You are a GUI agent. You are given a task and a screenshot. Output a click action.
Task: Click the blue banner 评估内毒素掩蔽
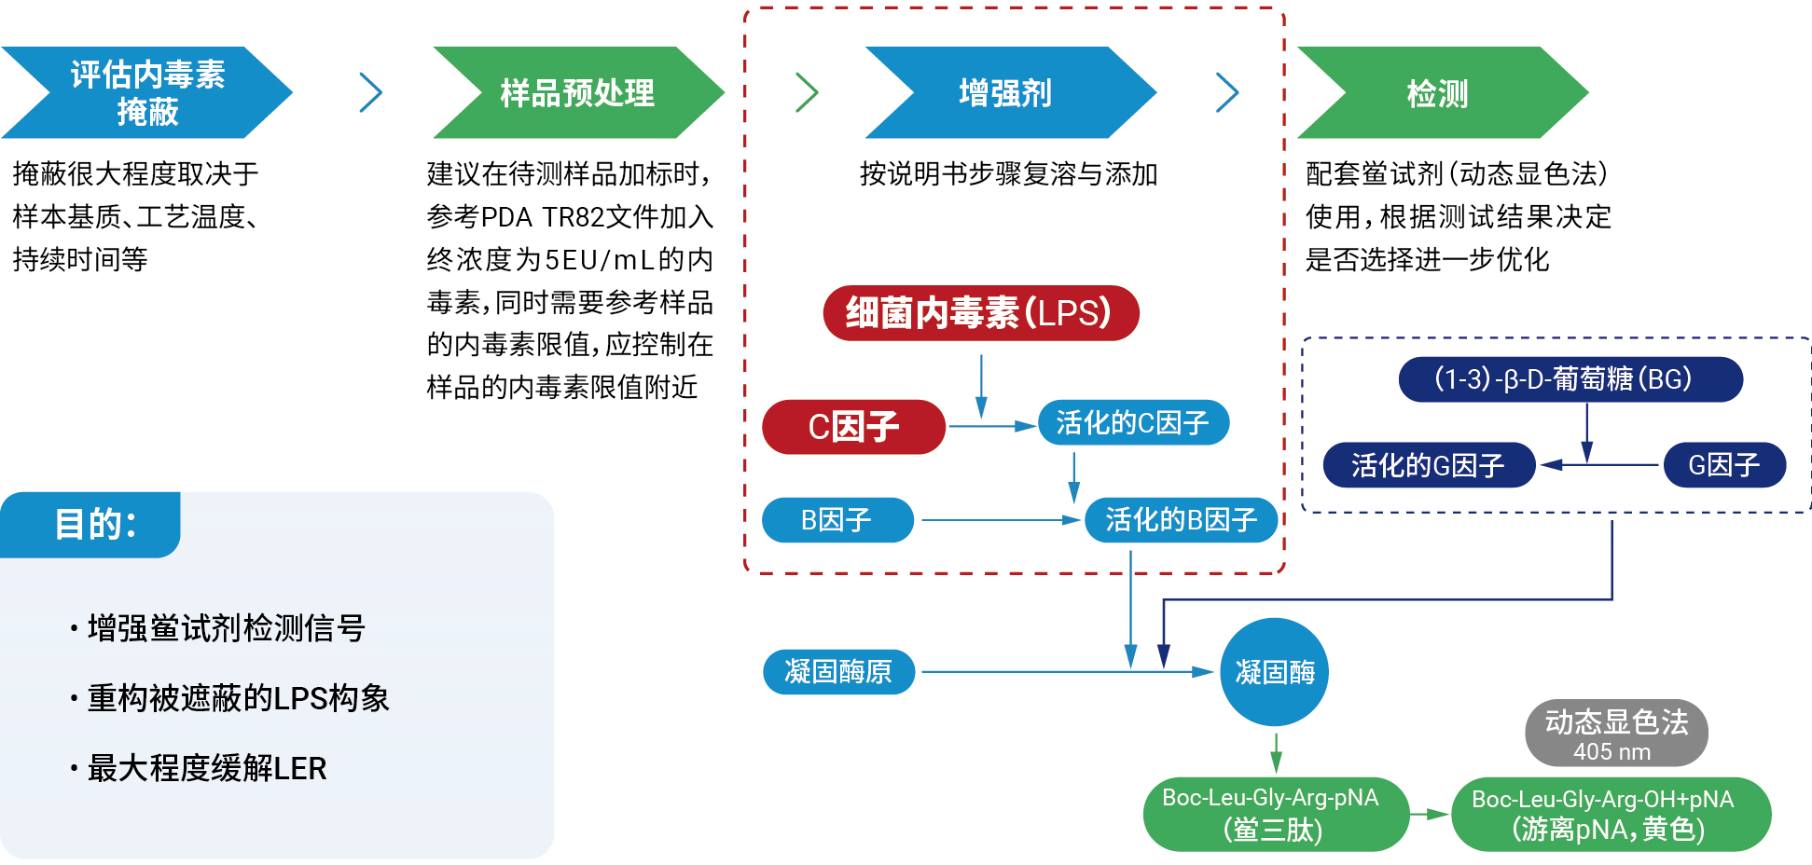click(147, 92)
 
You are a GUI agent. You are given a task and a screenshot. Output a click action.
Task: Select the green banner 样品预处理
click(577, 92)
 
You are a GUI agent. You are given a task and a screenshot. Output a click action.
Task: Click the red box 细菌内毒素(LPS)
click(980, 313)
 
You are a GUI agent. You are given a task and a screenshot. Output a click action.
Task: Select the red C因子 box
click(853, 427)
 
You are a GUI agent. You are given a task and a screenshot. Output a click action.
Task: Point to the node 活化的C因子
click(1132, 423)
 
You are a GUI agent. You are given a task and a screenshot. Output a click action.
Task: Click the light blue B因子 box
click(837, 519)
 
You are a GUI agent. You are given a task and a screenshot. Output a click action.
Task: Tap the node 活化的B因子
click(1181, 519)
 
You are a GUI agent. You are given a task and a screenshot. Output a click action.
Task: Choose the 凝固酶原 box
click(837, 671)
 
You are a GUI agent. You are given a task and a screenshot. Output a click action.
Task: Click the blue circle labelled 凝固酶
click(1274, 672)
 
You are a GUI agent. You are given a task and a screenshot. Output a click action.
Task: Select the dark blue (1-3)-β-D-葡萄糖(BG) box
click(1570, 379)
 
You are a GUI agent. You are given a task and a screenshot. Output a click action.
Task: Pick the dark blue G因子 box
click(1723, 464)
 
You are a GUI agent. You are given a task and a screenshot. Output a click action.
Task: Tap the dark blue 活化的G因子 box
click(1428, 464)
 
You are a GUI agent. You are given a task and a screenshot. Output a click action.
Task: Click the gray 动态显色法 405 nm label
click(1615, 734)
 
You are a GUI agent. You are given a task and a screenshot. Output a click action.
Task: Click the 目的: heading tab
click(93, 524)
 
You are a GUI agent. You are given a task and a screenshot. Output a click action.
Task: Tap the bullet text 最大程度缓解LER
click(206, 768)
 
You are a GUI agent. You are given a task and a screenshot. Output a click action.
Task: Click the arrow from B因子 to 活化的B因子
click(998, 519)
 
